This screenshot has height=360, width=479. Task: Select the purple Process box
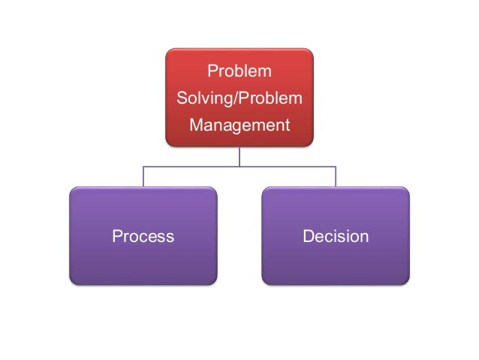pyautogui.click(x=143, y=236)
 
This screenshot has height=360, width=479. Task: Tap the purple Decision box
pyautogui.click(x=336, y=236)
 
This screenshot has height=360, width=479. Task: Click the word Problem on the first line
pyautogui.click(x=239, y=72)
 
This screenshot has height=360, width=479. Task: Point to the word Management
pyautogui.click(x=239, y=125)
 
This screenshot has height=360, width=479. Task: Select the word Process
pyautogui.click(x=143, y=237)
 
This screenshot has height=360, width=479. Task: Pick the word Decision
pyautogui.click(x=336, y=237)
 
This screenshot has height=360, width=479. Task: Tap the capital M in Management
pyautogui.click(x=196, y=125)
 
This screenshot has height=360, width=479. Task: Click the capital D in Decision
pyautogui.click(x=308, y=237)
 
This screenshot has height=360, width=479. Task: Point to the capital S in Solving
pyautogui.click(x=180, y=98)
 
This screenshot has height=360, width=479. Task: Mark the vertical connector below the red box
pyautogui.click(x=239, y=156)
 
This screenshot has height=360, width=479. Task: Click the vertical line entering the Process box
pyautogui.click(x=143, y=177)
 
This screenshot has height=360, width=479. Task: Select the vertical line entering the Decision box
pyautogui.click(x=336, y=177)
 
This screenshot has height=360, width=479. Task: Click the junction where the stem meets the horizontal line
pyautogui.click(x=239, y=166)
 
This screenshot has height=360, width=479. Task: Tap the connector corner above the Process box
pyautogui.click(x=143, y=166)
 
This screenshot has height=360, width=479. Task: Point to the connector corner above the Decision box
pyautogui.click(x=336, y=166)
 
